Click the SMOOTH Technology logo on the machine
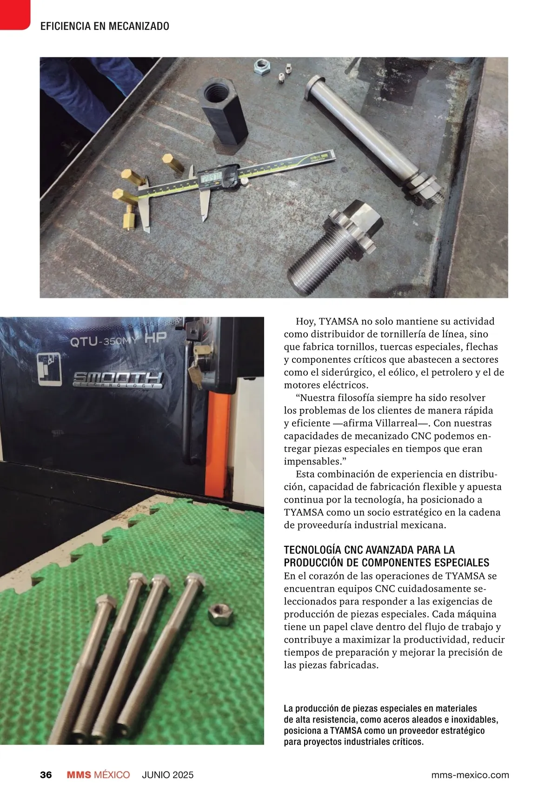118,380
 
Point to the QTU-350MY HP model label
118,340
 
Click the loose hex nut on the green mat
220,614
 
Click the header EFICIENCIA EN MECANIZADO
105,27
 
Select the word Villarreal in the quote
395,423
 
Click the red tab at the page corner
14,14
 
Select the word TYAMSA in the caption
345,731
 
